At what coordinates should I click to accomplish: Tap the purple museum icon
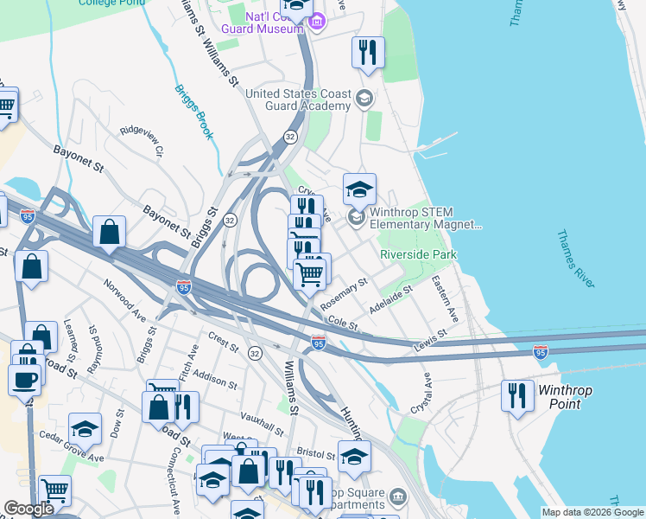pos(317,22)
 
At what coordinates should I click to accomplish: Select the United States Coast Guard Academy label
pos(299,99)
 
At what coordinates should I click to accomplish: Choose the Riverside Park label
pos(418,254)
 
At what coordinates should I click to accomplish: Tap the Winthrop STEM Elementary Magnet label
pos(425,218)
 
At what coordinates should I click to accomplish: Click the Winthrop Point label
pos(566,396)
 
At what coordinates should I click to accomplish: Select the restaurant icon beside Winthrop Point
pos(516,396)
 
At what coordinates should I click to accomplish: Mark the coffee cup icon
pos(23,379)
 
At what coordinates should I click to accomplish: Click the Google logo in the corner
pos(28,509)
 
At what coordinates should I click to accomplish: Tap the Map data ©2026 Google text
pos(592,512)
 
